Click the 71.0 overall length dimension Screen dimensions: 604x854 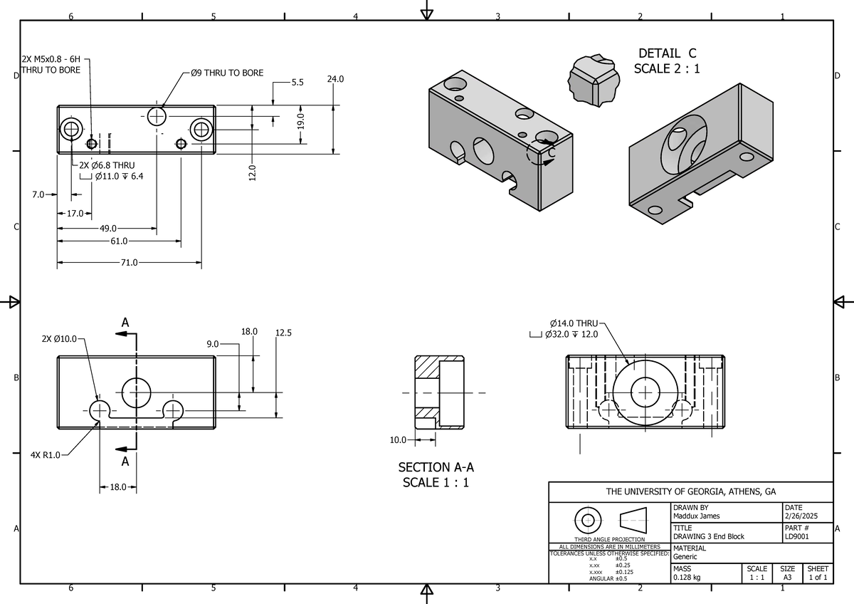click(x=129, y=263)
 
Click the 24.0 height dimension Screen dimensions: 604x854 click(x=335, y=80)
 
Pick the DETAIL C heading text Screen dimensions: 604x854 click(x=667, y=53)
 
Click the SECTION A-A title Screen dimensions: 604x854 click(x=436, y=468)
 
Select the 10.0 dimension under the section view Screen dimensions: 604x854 click(x=398, y=440)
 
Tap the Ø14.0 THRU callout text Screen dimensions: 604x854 click(x=574, y=323)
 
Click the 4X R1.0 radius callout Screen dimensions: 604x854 click(x=45, y=454)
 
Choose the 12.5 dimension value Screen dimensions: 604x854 click(x=283, y=332)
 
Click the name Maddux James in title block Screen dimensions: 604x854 click(x=696, y=516)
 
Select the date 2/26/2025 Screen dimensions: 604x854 click(x=801, y=516)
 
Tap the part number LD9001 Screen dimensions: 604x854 click(x=797, y=536)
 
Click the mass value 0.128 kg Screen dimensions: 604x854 click(x=687, y=578)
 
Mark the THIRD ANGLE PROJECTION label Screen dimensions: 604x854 click(x=609, y=539)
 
